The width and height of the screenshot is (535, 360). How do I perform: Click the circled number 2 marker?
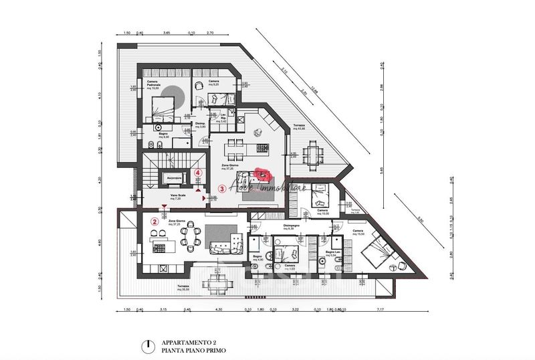[154, 221]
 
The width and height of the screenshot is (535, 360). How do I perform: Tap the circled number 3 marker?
[222, 189]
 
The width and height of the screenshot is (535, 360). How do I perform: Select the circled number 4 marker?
[198, 172]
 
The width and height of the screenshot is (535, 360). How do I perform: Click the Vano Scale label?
[179, 197]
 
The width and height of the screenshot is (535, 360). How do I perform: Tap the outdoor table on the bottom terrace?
[215, 282]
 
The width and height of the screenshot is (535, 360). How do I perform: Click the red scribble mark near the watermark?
[261, 175]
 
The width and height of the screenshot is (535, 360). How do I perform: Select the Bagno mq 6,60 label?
[163, 136]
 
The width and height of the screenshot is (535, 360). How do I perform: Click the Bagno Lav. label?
[334, 254]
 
